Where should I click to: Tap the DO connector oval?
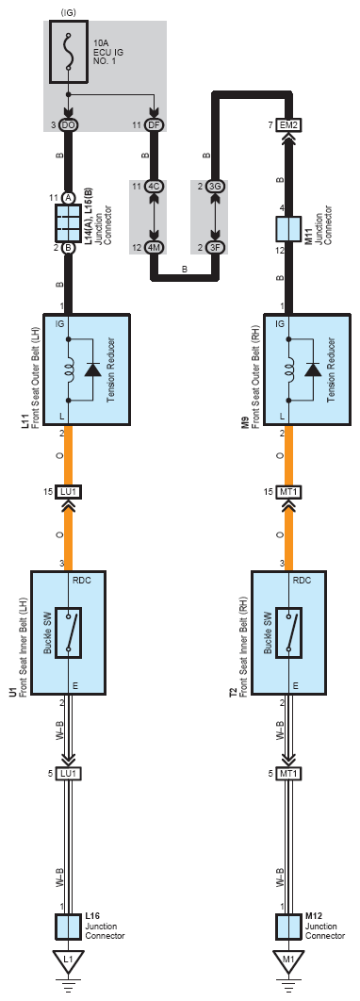(x=68, y=125)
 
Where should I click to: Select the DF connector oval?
(x=154, y=125)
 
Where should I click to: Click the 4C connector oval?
(x=154, y=187)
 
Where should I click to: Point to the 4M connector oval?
(x=154, y=247)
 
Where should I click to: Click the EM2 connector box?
(x=288, y=125)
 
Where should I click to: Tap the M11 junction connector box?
(x=288, y=228)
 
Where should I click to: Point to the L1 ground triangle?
(x=68, y=960)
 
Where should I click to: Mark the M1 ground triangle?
(x=288, y=960)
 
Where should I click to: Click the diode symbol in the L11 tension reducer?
(x=92, y=369)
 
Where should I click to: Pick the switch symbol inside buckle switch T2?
(x=288, y=632)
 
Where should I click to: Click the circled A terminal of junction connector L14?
(x=68, y=197)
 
